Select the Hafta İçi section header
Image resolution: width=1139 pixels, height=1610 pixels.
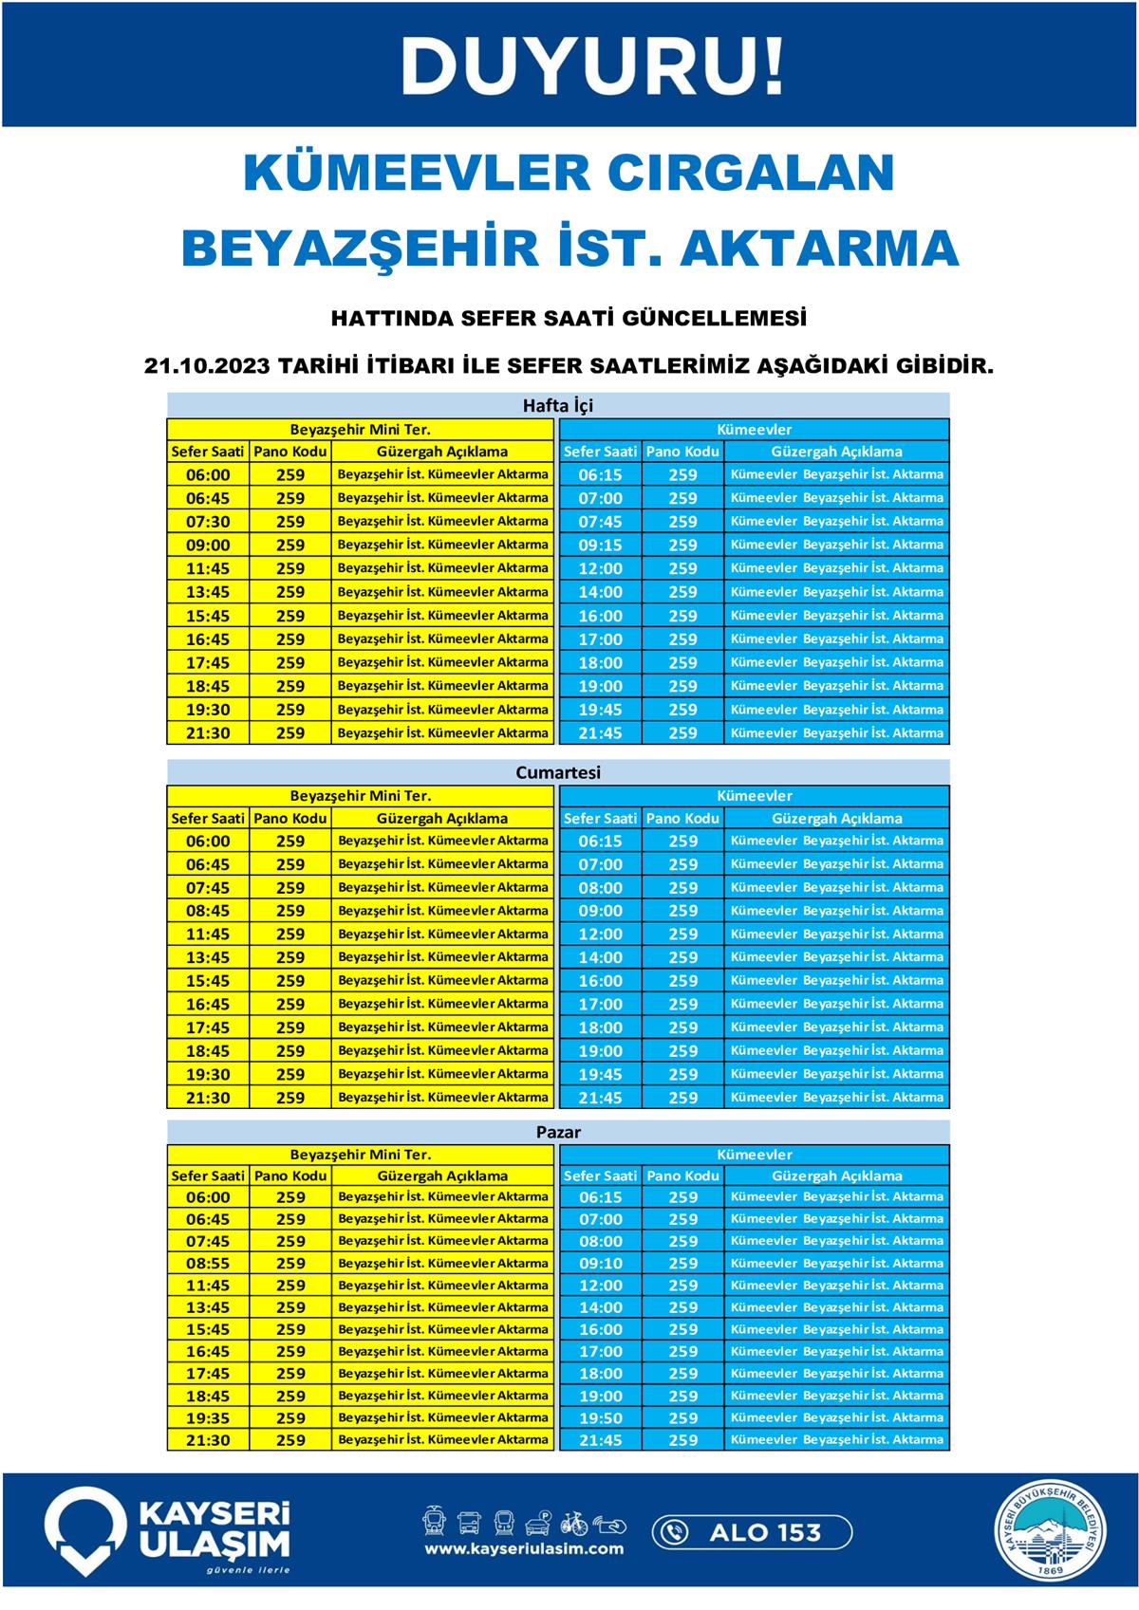[x=558, y=405]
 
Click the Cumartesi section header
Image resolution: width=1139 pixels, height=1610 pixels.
[x=558, y=772]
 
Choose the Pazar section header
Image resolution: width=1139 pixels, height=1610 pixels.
[x=558, y=1132]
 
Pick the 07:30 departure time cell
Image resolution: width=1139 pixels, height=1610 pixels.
[x=208, y=522]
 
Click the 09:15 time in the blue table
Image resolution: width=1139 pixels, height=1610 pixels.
[x=600, y=546]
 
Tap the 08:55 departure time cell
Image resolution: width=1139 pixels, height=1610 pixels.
[x=208, y=1264]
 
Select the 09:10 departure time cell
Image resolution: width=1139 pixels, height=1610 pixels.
[x=600, y=1264]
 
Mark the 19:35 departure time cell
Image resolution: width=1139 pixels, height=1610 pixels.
[x=208, y=1418]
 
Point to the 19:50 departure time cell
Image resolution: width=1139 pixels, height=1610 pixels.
[x=600, y=1418]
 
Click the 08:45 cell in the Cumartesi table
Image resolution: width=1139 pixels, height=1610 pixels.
[x=208, y=911]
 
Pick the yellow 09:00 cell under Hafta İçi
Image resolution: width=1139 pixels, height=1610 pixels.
[x=208, y=546]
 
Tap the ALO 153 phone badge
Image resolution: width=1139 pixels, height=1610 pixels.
[x=752, y=1532]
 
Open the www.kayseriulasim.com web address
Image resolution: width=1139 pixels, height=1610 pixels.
[x=524, y=1549]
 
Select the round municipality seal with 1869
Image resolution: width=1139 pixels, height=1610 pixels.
[x=1051, y=1532]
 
